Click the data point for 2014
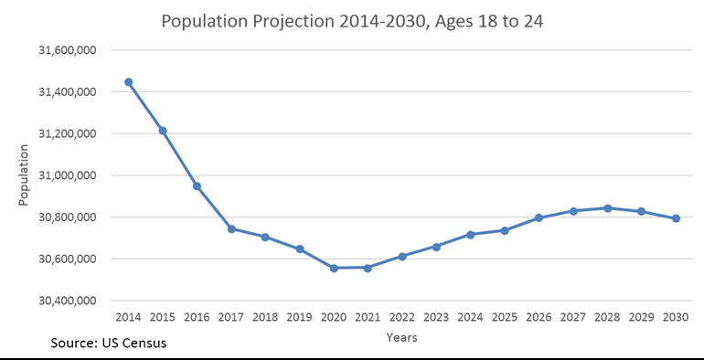pos(129,82)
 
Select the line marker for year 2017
pos(231,228)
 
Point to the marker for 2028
pos(607,208)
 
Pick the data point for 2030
pos(676,218)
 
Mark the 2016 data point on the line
pos(197,186)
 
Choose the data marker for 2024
pos(470,235)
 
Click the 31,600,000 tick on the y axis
pos(70,50)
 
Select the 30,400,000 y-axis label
pos(70,301)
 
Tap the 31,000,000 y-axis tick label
pos(70,175)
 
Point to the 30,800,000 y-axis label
pos(70,217)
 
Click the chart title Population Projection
pos(351,21)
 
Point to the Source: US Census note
pos(108,344)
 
